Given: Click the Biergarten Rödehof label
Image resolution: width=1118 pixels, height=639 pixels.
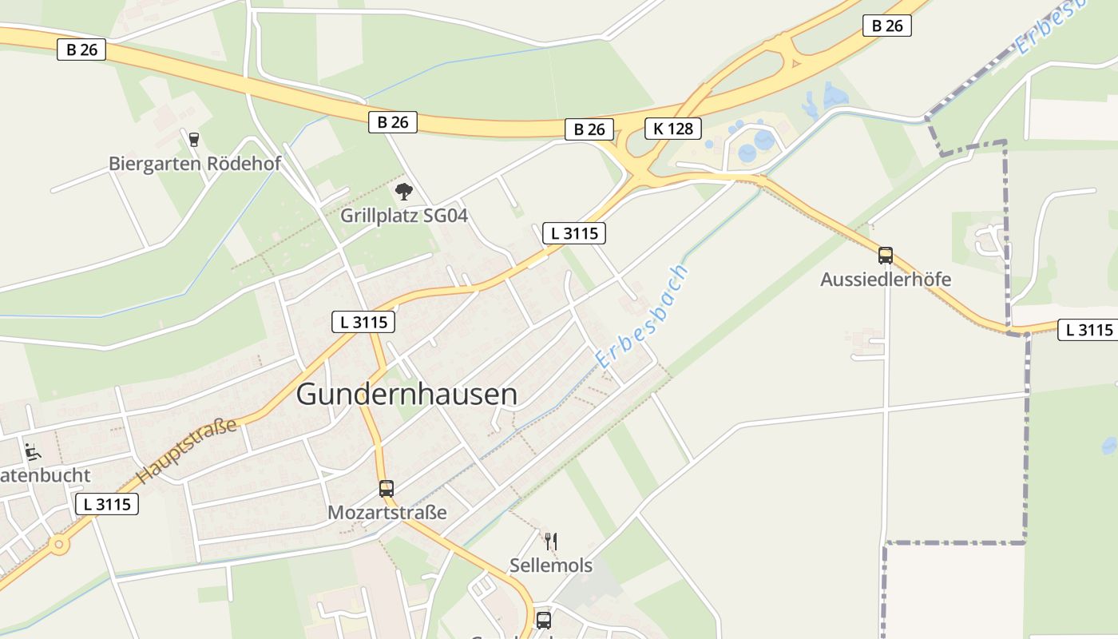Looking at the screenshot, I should (x=195, y=164).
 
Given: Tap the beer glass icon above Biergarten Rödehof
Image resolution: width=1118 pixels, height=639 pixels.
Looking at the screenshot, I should (x=193, y=139).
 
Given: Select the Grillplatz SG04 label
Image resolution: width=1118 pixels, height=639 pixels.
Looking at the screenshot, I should (x=404, y=216).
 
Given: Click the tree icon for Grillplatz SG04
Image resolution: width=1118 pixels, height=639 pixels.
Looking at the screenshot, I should (x=404, y=192).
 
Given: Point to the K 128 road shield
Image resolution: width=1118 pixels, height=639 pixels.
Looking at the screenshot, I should (x=672, y=128).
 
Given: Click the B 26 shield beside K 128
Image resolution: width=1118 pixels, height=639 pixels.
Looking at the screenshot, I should (x=589, y=129).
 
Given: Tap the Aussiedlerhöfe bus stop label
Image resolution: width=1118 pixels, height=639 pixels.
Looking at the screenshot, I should (x=886, y=280).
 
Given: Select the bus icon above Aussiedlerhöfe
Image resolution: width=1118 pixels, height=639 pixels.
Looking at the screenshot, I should (x=886, y=256).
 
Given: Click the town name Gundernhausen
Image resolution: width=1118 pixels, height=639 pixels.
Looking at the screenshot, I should (x=406, y=395).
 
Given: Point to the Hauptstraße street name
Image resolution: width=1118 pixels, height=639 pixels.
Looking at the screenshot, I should (x=187, y=450).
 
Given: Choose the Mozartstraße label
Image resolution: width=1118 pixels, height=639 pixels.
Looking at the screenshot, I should (x=387, y=513).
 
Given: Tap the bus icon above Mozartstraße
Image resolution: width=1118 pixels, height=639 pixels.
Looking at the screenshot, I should (x=387, y=488).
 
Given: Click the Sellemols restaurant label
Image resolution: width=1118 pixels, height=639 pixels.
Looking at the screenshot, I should (x=551, y=566).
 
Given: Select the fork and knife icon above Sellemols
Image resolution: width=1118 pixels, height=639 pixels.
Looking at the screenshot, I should (x=550, y=542).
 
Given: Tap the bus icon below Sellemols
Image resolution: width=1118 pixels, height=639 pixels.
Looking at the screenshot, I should (x=544, y=620).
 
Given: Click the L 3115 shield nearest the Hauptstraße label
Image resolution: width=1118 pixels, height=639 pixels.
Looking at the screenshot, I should (x=107, y=504).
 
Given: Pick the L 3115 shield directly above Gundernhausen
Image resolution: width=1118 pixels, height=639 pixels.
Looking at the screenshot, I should (x=363, y=322).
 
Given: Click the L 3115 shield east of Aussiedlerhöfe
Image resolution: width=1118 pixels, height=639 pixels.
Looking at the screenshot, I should (x=1086, y=330).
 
